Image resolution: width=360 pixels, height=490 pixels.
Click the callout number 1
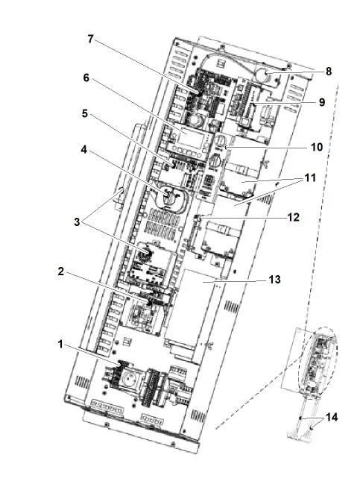point(60,345)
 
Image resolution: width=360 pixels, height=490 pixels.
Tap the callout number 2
point(61,271)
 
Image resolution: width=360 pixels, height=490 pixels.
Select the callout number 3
point(77,222)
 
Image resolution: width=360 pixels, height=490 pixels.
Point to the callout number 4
point(83,150)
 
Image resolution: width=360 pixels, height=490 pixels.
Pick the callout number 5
point(85,114)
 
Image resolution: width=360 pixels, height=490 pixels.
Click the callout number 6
point(86,78)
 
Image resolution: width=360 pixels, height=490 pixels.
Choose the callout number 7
point(90,39)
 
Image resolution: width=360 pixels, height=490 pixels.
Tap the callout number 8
point(329,72)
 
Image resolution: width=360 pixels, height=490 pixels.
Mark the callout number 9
point(321,102)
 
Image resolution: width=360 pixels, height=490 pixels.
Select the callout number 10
point(317,147)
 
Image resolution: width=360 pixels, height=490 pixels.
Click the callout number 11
point(310,178)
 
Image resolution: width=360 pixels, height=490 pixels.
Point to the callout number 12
point(293,217)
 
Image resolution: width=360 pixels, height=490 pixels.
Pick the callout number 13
point(275,280)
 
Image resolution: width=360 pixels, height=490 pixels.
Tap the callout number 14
point(332,417)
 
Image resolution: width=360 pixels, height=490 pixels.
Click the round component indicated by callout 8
point(262,75)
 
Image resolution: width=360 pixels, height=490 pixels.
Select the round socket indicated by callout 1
point(128,379)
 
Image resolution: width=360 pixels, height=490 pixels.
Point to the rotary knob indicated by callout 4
point(170,197)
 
